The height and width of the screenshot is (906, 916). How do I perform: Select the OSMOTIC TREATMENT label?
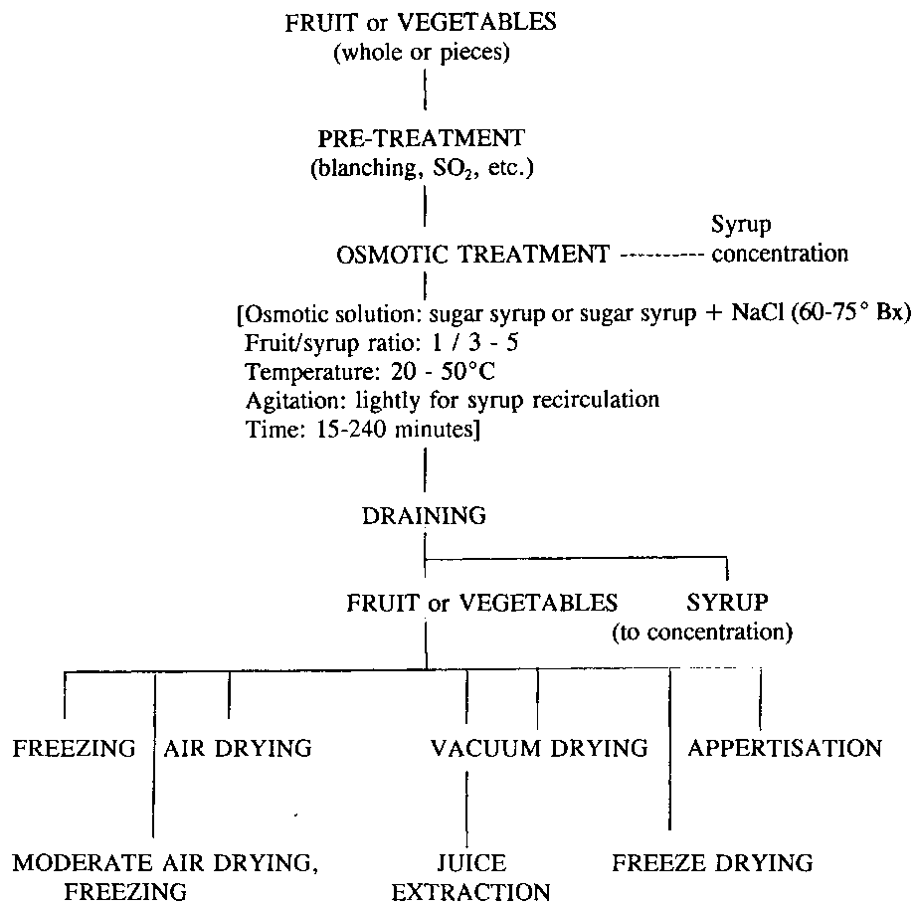point(473,254)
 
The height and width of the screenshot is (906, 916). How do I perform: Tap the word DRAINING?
point(425,515)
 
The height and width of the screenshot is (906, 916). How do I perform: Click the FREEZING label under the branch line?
point(74,748)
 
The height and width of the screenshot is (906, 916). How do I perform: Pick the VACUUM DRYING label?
point(539,748)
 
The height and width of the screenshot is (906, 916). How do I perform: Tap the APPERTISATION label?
point(785,748)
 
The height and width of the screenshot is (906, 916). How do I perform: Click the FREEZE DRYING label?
point(712,862)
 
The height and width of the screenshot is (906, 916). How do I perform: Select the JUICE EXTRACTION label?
point(470,876)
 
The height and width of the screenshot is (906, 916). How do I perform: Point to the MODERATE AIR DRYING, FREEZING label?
point(165,876)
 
